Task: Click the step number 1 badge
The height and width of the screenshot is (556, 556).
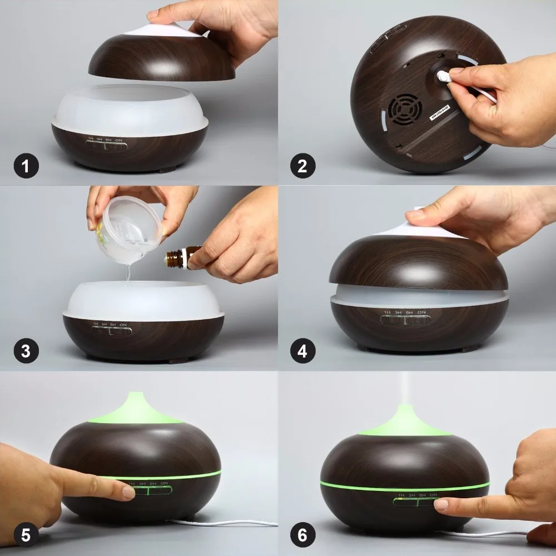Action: pyautogui.click(x=26, y=166)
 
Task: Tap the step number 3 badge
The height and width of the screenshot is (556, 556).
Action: pyautogui.click(x=26, y=351)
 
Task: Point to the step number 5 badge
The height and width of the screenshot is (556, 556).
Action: pyautogui.click(x=26, y=535)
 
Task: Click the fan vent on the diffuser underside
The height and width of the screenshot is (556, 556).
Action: pyautogui.click(x=405, y=110)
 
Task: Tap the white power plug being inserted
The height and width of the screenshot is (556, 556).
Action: pyautogui.click(x=445, y=76)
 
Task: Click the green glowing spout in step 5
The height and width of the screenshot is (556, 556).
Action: pyautogui.click(x=135, y=409)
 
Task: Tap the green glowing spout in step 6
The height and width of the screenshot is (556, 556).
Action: pyautogui.click(x=405, y=421)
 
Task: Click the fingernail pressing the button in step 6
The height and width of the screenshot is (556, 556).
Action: pyautogui.click(x=441, y=505)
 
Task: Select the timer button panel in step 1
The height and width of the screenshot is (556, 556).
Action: pyautogui.click(x=106, y=146)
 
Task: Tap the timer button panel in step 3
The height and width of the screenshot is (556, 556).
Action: pyautogui.click(x=111, y=331)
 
